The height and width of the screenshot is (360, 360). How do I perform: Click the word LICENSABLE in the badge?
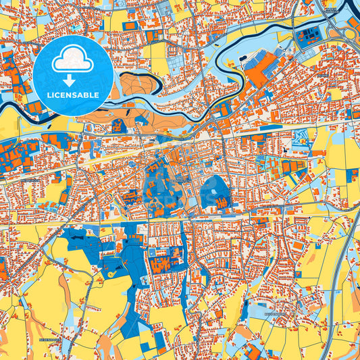point(73,95)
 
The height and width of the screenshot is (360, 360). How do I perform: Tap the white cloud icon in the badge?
point(73,62)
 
